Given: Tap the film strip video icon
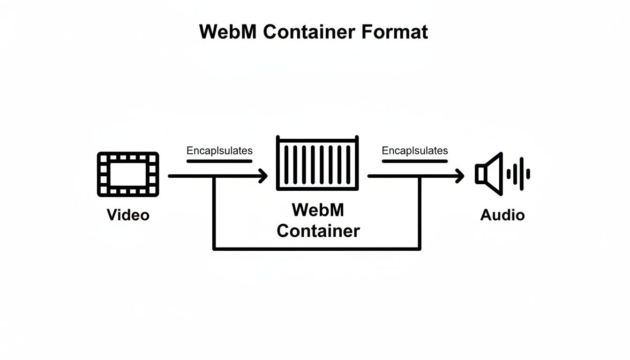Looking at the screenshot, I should click(x=128, y=174).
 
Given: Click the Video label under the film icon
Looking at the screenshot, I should click(x=128, y=215).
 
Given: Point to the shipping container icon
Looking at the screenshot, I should click(x=317, y=164).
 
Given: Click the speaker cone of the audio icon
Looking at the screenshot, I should click(x=490, y=174).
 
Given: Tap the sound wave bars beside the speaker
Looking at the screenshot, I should click(x=519, y=174).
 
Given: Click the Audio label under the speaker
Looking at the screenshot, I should click(x=502, y=215).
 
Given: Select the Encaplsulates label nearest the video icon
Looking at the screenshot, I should click(x=219, y=151).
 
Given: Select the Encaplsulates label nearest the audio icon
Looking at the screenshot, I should click(x=415, y=151).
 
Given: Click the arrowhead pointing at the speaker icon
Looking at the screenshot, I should click(x=460, y=176).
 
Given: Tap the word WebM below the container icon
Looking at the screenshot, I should click(x=318, y=210).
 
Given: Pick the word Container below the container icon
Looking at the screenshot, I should click(x=318, y=231).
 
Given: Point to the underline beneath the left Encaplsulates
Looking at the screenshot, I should click(x=219, y=161).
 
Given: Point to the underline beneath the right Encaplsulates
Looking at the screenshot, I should click(x=415, y=161).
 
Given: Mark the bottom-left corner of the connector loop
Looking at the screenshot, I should click(x=214, y=248).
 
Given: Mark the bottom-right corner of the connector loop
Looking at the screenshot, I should click(x=420, y=248).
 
